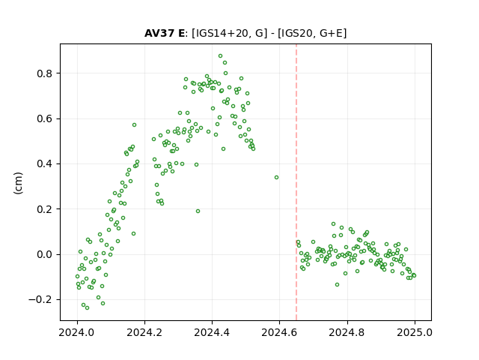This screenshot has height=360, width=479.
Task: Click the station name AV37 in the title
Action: tap(159, 33)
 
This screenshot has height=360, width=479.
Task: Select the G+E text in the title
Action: tap(331, 33)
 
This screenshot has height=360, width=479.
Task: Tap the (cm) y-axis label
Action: tap(18, 183)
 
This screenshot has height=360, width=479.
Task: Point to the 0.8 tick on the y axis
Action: tap(44, 73)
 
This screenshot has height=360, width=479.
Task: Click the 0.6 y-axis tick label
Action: tap(44, 118)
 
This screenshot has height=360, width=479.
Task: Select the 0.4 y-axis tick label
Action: tap(44, 163)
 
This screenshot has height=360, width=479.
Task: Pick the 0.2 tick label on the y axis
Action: tap(44, 209)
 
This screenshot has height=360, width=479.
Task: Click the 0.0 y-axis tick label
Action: tap(44, 254)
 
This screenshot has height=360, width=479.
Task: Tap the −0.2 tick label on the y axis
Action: tap(40, 299)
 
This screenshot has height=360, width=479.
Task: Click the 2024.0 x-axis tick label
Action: tap(77, 332)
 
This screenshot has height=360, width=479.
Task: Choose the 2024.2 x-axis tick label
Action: tap(144, 332)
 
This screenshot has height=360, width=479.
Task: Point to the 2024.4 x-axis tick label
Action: tap(212, 332)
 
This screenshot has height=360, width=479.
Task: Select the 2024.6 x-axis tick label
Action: tap(279, 332)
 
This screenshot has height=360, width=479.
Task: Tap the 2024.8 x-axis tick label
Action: tap(347, 332)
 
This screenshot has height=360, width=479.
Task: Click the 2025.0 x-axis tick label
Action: tap(415, 332)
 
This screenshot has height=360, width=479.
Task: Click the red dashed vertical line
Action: tap(296, 182)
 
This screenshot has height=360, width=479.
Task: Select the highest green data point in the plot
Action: tap(220, 56)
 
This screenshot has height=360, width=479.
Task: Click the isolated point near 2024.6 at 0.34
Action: tap(276, 178)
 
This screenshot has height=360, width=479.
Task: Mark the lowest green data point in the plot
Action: tap(87, 307)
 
